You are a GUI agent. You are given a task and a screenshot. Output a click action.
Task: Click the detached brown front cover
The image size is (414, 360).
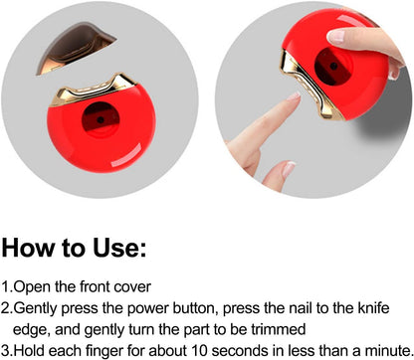[x=75, y=47]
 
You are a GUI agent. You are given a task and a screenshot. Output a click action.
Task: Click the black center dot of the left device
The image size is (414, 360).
[x=101, y=119]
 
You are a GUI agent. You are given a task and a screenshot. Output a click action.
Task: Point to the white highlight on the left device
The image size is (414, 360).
[x=126, y=155]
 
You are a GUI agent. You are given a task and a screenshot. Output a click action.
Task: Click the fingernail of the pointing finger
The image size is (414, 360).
[x=294, y=96]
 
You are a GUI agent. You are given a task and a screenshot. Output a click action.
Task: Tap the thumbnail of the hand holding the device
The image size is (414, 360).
[x=336, y=36]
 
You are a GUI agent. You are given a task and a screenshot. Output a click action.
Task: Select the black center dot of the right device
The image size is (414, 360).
[x=333, y=66]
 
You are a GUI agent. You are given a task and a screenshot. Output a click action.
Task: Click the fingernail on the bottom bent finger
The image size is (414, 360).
[x=289, y=169]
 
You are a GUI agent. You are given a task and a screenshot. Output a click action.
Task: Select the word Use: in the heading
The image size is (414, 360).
[x=119, y=248]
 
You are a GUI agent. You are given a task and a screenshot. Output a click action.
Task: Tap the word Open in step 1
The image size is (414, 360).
[x=33, y=287]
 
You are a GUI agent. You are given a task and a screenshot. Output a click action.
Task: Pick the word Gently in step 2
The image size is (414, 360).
[x=36, y=308]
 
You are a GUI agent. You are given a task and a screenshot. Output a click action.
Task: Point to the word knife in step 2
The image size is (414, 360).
[x=373, y=308]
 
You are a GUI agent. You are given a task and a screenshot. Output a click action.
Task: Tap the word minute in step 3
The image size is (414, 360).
[x=388, y=351]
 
